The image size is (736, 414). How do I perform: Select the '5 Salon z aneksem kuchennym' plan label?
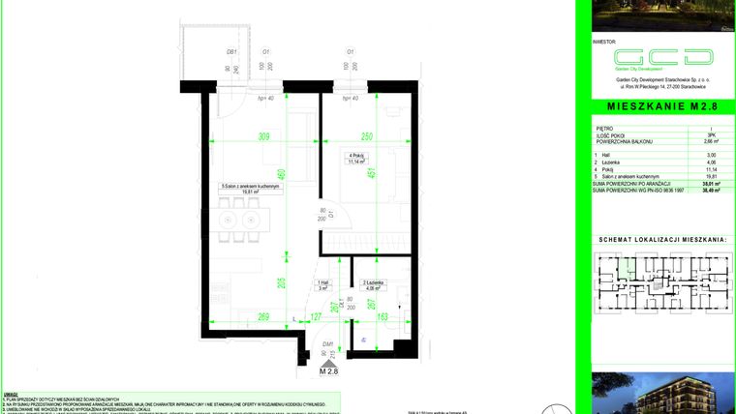[x=250, y=187]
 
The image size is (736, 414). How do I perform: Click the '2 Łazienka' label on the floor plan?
[x=373, y=283]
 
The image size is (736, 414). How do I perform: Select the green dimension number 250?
[x=366, y=136]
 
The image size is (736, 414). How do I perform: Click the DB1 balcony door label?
[x=231, y=51]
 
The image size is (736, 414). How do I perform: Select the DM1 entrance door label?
[x=328, y=343]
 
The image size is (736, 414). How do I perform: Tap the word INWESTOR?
[x=603, y=43]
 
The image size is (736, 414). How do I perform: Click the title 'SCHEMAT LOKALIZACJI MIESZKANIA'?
[x=662, y=238]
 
